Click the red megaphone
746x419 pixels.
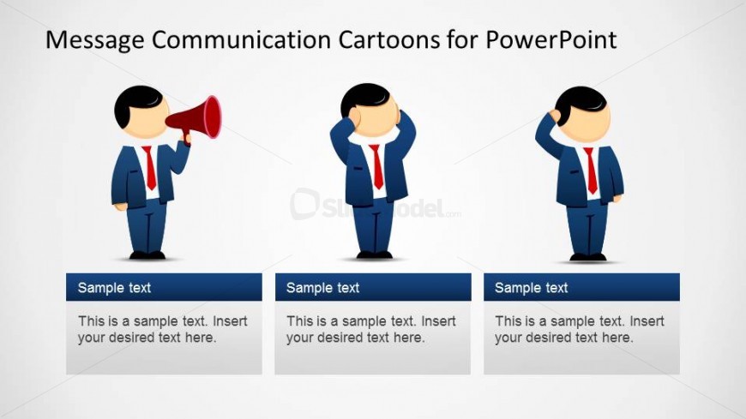click(x=199, y=117)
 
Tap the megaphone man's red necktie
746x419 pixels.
click(x=150, y=168)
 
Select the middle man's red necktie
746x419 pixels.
click(x=376, y=167)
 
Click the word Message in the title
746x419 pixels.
click(x=95, y=39)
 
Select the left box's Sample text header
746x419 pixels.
click(x=114, y=288)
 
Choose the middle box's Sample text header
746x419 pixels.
click(x=322, y=288)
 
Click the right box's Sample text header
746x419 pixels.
click(x=531, y=288)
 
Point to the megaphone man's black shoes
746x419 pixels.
click(x=147, y=254)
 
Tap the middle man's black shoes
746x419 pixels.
click(x=374, y=254)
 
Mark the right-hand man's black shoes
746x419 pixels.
click(x=588, y=255)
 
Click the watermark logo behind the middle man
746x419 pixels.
click(x=305, y=205)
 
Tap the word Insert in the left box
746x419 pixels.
click(x=230, y=322)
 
